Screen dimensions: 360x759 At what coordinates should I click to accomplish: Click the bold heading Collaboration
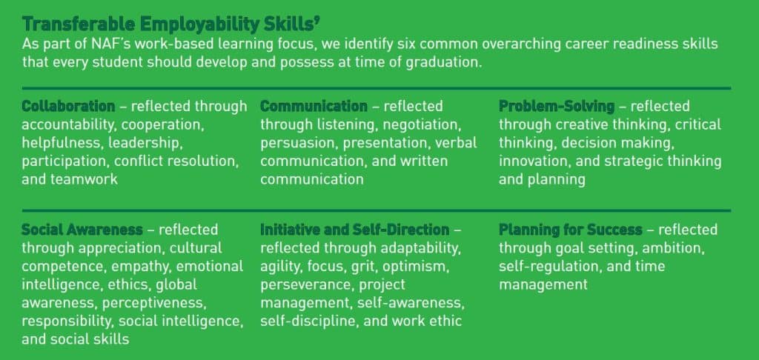click(68, 106)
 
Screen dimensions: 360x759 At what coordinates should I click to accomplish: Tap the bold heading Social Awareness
click(82, 230)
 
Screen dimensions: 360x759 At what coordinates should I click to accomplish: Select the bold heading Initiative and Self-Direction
click(354, 230)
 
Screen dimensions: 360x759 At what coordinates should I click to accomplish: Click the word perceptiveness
click(156, 302)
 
